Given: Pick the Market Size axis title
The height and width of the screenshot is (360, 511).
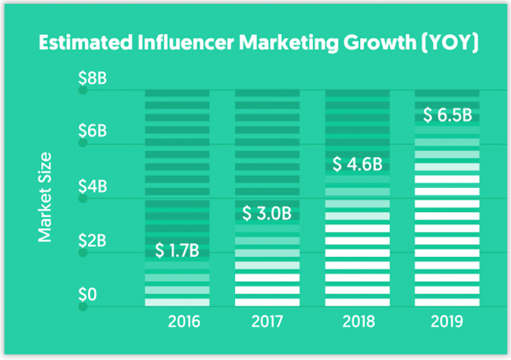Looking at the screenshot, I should [46, 196].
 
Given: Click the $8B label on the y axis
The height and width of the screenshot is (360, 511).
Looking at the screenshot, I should [92, 79].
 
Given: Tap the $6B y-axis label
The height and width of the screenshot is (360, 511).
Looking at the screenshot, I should [92, 130].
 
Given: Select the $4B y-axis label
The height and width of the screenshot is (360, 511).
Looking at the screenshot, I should [92, 187].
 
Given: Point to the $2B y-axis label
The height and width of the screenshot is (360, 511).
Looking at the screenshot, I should [92, 241].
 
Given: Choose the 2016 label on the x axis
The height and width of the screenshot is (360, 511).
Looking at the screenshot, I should [184, 322].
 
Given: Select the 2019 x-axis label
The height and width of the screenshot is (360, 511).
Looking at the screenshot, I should [447, 322].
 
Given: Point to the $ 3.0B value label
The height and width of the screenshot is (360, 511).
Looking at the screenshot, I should [267, 213].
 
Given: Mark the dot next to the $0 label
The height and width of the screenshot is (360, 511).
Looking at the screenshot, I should [81, 307].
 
